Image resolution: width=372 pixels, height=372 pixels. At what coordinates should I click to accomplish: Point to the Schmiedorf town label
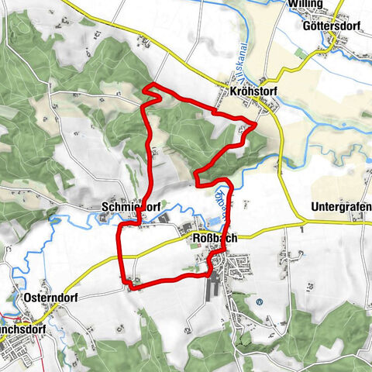point(129,208)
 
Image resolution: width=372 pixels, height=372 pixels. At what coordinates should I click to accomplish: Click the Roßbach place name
point(212,239)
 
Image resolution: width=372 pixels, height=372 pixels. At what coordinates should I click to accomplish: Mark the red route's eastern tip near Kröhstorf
point(257,122)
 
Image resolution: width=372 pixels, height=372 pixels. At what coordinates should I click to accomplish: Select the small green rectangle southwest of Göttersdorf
point(300,53)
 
